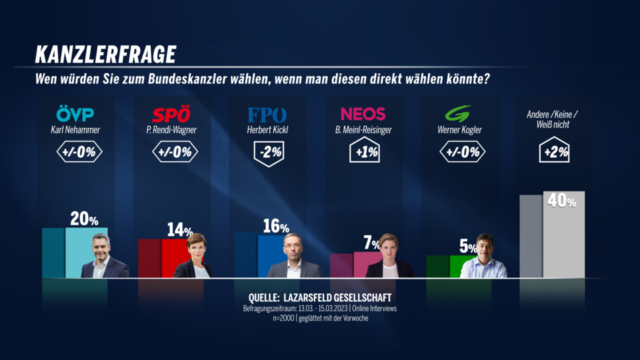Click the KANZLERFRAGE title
pos(105,54)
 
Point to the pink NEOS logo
pos(363,114)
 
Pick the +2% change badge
pos(555,152)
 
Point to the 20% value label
pos(84,219)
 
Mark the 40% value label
pos(561,200)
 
